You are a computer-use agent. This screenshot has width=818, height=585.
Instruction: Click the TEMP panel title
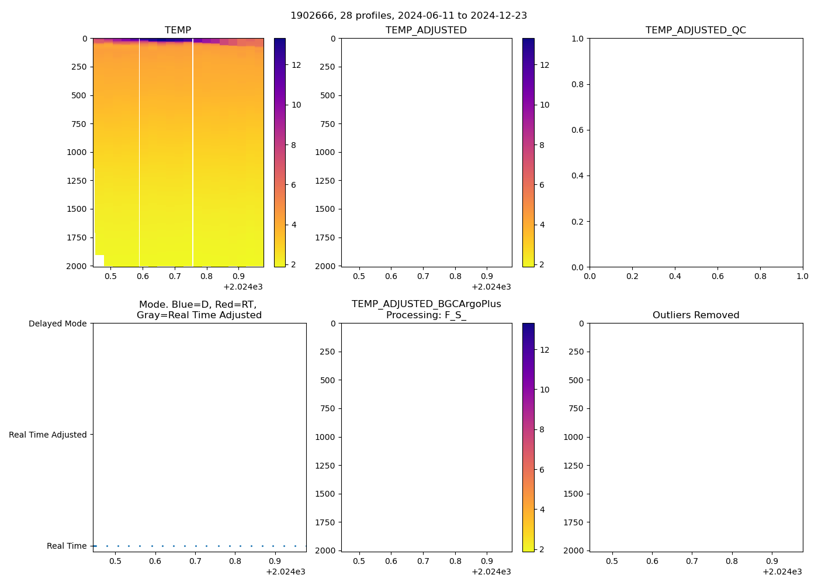pos(178,30)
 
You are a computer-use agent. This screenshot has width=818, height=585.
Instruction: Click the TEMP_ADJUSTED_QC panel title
pos(695,30)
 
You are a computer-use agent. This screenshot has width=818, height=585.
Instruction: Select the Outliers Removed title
pos(695,315)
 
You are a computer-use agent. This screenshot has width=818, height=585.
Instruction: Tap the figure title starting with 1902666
pos(408,15)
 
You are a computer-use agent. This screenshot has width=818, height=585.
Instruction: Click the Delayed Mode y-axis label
pos(57,324)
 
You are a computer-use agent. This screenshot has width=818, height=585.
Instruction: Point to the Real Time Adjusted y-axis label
pos(47,435)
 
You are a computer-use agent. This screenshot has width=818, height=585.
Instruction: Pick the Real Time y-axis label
pos(67,546)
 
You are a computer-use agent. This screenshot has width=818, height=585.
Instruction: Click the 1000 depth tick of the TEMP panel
pos(76,152)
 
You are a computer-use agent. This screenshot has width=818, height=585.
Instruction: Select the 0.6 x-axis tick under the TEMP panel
pos(143,276)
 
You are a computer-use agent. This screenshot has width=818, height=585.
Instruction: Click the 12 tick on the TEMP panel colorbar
pos(296,65)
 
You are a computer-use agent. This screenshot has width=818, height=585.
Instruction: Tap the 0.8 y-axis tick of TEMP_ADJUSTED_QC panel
pos(577,84)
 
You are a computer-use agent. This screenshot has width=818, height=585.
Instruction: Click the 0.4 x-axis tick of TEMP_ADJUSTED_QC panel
pos(675,276)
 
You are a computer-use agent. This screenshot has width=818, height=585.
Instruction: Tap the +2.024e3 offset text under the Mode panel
pos(285,572)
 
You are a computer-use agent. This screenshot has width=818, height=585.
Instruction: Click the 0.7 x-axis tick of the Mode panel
pos(195,561)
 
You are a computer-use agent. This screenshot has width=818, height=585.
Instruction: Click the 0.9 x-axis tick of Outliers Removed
pos(772,561)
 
